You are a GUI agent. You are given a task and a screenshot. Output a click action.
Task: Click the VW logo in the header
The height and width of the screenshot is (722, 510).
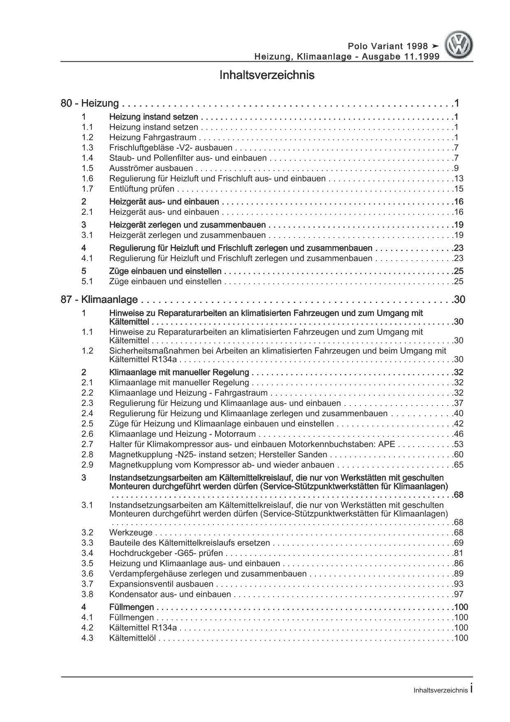[x=460, y=45]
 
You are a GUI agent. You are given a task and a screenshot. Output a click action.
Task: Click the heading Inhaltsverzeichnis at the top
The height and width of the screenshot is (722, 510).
[x=267, y=76]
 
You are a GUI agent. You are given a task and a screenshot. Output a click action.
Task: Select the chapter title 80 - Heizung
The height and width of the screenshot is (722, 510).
[x=90, y=103]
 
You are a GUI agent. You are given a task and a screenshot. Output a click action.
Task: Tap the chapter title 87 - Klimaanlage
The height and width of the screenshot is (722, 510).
[x=99, y=300]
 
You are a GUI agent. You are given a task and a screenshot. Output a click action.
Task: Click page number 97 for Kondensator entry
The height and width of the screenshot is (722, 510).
[x=459, y=594]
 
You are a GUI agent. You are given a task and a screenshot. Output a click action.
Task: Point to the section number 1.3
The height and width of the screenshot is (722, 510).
[x=87, y=148]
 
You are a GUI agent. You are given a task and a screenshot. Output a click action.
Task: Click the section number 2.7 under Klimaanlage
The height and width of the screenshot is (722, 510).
[x=87, y=444]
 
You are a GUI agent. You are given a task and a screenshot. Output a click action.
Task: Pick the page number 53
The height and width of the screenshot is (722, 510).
[x=459, y=444]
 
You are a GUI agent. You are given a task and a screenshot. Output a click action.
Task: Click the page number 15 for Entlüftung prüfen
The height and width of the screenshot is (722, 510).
[x=459, y=189]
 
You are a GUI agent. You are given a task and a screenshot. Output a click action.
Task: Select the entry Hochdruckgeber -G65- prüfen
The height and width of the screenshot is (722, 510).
[x=166, y=553]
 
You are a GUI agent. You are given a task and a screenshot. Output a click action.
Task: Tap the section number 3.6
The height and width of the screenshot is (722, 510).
[x=87, y=574]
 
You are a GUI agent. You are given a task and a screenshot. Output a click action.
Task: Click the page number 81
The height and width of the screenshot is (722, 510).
[x=459, y=553]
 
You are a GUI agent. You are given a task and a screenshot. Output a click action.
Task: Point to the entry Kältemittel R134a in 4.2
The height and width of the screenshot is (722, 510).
[x=144, y=628]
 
